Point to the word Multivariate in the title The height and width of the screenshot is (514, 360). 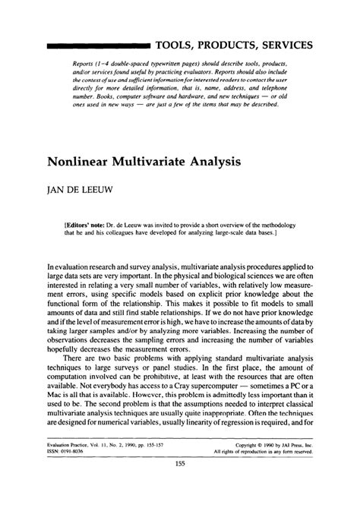[163, 162]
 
